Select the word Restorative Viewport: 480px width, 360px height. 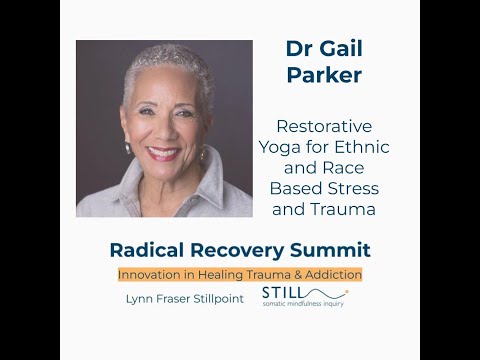pyautogui.click(x=325, y=128)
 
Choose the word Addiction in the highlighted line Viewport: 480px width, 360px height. pyautogui.click(x=330, y=273)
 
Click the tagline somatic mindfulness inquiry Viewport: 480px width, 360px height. pyautogui.click(x=304, y=306)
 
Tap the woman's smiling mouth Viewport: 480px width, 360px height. pyautogui.click(x=165, y=153)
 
